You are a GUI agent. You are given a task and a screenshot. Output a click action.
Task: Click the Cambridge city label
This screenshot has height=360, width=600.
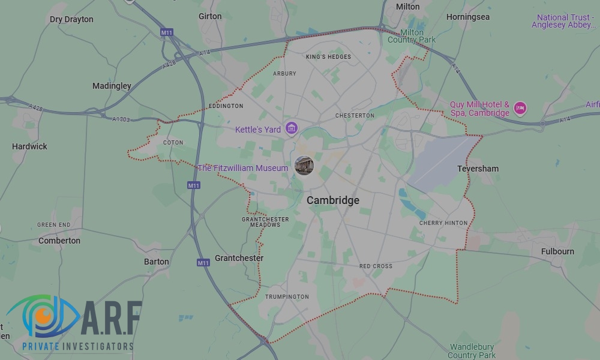(x=333, y=200)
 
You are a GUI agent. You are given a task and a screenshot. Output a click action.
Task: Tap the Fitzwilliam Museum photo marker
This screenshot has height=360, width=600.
(x=304, y=166)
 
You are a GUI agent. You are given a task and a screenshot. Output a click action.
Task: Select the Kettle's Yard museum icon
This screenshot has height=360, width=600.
(x=292, y=128)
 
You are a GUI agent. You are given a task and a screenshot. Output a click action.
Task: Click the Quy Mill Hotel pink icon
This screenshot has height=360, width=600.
(x=520, y=109)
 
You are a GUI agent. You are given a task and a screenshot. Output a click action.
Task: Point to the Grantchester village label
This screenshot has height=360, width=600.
(x=239, y=258)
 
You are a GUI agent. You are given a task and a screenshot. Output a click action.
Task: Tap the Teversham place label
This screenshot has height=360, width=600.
(x=478, y=169)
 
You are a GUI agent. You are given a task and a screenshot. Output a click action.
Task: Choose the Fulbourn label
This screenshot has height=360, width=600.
(x=557, y=251)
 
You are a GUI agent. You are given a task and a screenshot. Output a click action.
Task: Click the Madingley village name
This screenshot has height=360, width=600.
(x=112, y=86)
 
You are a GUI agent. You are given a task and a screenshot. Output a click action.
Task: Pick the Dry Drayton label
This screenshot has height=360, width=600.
(x=71, y=19)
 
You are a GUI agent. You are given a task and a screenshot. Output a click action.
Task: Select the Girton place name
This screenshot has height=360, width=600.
(x=210, y=16)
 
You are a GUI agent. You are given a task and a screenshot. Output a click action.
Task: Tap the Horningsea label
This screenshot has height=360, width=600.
(x=468, y=17)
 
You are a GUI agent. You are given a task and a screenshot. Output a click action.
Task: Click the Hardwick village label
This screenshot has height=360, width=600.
(x=29, y=146)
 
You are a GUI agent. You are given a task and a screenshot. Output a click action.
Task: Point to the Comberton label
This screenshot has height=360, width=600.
(x=59, y=241)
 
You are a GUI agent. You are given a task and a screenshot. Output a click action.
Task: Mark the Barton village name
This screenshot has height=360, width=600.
(x=157, y=262)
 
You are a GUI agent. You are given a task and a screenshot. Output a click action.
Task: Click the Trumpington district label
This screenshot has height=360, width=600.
(x=287, y=296)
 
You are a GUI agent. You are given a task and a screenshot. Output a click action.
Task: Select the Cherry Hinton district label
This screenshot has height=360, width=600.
(x=443, y=223)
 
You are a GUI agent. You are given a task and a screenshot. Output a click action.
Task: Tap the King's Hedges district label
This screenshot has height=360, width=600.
(x=328, y=57)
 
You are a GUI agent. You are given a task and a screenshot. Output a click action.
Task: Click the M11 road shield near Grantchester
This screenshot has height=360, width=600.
(x=203, y=262)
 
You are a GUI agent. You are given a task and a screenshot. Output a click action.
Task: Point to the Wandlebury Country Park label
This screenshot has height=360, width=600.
(x=472, y=351)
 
